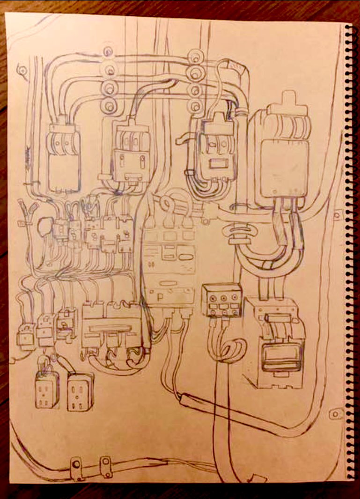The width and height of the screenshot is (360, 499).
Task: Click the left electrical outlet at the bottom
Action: click(x=47, y=389)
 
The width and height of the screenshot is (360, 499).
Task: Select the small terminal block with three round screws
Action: click(x=221, y=300)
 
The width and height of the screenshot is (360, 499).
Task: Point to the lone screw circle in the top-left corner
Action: click(x=22, y=71)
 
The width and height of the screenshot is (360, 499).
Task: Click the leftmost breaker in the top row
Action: click(x=64, y=157)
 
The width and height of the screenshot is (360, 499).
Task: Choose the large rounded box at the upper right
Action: click(x=279, y=154)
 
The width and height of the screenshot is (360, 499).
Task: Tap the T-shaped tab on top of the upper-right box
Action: click(x=287, y=102)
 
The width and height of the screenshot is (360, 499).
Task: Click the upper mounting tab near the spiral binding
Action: click(x=337, y=216)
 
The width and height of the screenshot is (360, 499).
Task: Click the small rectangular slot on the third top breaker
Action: click(x=219, y=164)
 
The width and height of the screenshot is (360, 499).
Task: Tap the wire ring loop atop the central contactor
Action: click(x=166, y=203)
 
